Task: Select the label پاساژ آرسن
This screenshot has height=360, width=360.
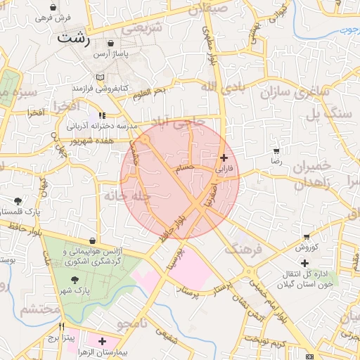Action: click(113, 54)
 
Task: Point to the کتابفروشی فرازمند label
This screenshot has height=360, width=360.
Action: click(99, 89)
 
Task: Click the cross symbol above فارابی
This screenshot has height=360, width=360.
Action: click(224, 157)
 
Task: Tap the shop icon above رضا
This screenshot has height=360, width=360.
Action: click(276, 150)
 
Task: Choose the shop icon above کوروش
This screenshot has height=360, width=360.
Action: click(307, 237)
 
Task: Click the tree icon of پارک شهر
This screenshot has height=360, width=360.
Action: click(75, 280)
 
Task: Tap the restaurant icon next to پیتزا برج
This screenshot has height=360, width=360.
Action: click(63, 326)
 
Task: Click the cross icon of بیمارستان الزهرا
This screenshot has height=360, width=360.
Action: click(103, 340)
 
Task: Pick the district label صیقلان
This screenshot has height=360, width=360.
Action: click(209, 10)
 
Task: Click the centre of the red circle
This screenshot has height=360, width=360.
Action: click(180, 181)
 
